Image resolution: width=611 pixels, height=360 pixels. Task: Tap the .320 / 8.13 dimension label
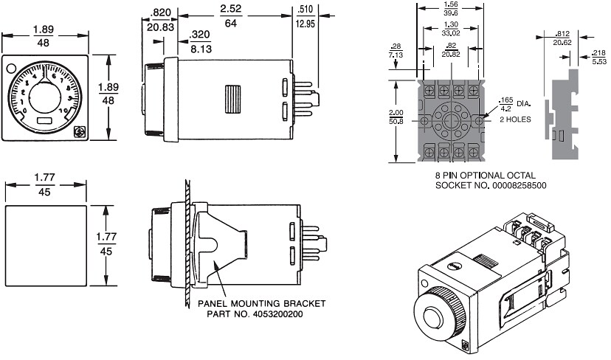(x=200, y=41)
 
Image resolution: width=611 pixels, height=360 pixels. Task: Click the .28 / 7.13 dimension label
(x=395, y=50)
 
